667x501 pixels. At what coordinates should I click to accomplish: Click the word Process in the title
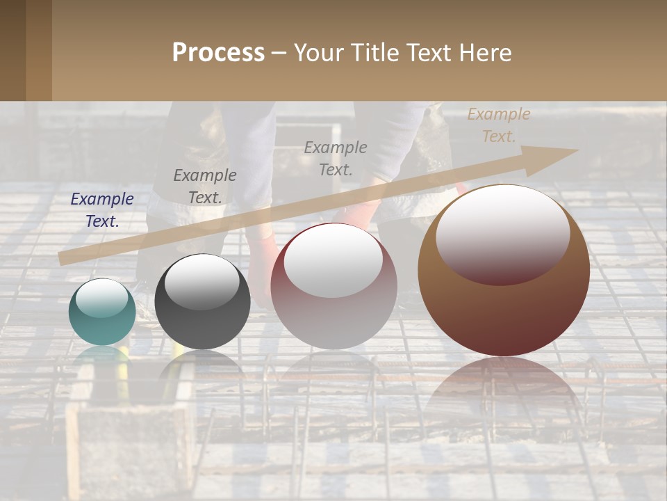[x=218, y=53]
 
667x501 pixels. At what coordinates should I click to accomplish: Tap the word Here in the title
[x=484, y=53]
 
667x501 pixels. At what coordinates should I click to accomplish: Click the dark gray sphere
[x=202, y=302]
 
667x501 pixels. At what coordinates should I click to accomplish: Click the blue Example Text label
[x=102, y=210]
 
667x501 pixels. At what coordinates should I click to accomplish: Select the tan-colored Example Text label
[x=498, y=125]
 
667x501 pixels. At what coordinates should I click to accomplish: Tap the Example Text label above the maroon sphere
[x=336, y=158]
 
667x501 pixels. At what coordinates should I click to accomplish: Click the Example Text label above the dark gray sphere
[x=205, y=186]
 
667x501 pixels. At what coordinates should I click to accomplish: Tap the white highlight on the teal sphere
[x=101, y=298]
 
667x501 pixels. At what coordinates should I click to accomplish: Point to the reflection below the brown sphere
[x=504, y=390]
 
